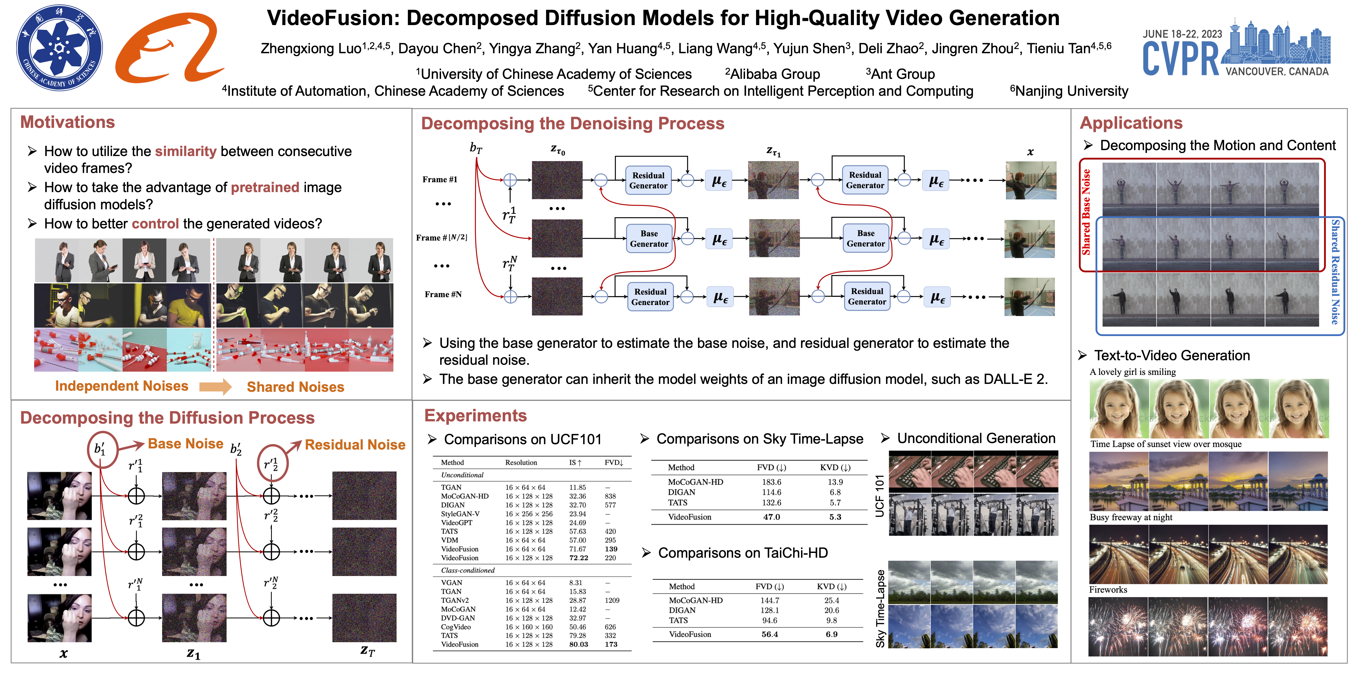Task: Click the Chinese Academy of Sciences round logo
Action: (x=59, y=48)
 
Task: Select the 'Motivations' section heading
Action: (x=68, y=122)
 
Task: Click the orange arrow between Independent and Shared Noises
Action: (x=215, y=387)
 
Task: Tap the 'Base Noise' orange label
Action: (x=186, y=444)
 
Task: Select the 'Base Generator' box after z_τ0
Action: (x=649, y=239)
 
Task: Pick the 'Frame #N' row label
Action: (x=443, y=294)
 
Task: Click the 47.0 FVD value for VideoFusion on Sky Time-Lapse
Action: (x=771, y=517)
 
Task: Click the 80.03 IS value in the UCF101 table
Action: (x=578, y=644)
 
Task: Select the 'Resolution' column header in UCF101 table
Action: (x=521, y=462)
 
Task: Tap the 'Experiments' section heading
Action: (x=475, y=416)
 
